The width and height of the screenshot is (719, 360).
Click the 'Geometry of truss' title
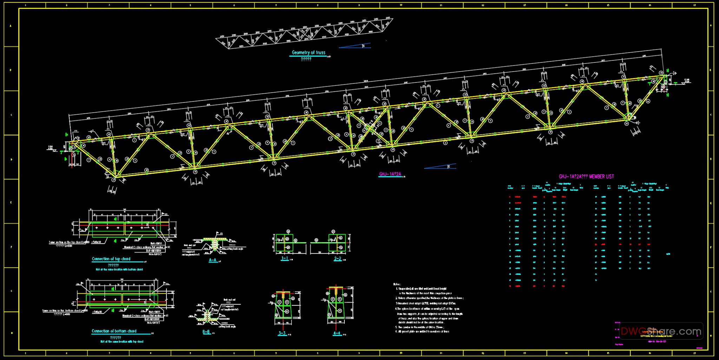[x=309, y=53]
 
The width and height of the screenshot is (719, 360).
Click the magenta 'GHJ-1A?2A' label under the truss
[x=390, y=174]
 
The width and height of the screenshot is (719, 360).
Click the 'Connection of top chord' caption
[x=111, y=259]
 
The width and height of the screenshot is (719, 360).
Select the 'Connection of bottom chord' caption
[x=114, y=331]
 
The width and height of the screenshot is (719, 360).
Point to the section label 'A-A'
[x=213, y=260]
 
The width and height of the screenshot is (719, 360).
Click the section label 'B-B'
[x=206, y=332]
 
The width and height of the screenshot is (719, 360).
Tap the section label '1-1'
[x=285, y=259]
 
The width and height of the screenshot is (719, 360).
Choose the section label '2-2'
[x=337, y=259]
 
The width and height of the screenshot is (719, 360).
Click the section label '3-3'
[x=282, y=333]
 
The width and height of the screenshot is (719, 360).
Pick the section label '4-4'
[x=337, y=333]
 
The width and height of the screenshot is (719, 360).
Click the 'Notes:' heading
[x=397, y=284]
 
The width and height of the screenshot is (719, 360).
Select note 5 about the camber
[x=420, y=327]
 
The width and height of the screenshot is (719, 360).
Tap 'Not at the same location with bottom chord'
[x=119, y=269]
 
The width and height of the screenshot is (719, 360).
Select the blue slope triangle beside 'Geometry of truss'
[x=355, y=46]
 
